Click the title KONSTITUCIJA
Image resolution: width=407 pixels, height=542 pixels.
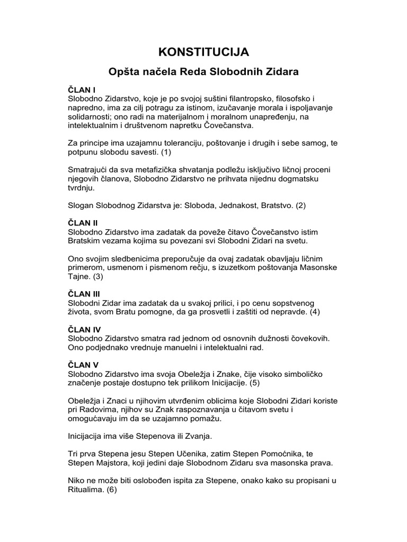pos(203,51)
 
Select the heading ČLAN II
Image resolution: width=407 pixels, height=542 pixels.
pos(84,223)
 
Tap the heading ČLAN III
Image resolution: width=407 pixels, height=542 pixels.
pos(85,293)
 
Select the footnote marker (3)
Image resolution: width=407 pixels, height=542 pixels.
pos(98,276)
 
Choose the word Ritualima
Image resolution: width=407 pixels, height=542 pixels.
pos(86,490)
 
